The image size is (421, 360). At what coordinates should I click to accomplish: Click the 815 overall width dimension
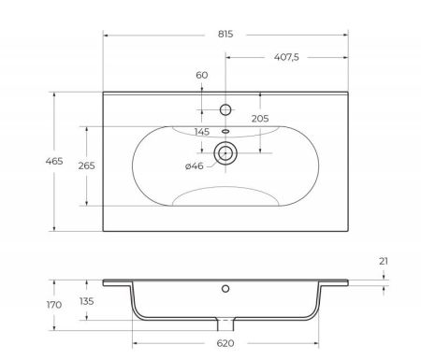225,33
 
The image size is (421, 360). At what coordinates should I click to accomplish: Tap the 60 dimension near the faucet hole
202,76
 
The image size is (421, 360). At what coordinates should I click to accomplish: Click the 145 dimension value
201,131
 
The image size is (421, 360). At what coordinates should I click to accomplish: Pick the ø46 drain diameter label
195,166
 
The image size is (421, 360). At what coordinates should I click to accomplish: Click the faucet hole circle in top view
225,109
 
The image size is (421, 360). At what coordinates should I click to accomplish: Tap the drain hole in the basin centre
225,151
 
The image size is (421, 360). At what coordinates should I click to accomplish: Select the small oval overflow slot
225,130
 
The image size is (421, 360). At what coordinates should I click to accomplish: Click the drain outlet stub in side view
225,324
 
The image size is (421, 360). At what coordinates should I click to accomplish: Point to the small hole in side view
225,289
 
